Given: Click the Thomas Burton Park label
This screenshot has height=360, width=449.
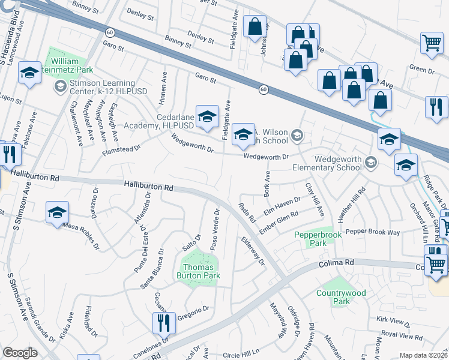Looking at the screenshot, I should pos(202,272).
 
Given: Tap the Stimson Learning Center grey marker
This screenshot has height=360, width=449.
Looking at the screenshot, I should pos(60,87).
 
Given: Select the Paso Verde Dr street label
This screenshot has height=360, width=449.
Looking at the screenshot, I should pos(214,229).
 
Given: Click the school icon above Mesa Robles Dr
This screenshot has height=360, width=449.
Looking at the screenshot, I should pos(57,212).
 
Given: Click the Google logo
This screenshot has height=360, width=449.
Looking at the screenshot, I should pos(20,353).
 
